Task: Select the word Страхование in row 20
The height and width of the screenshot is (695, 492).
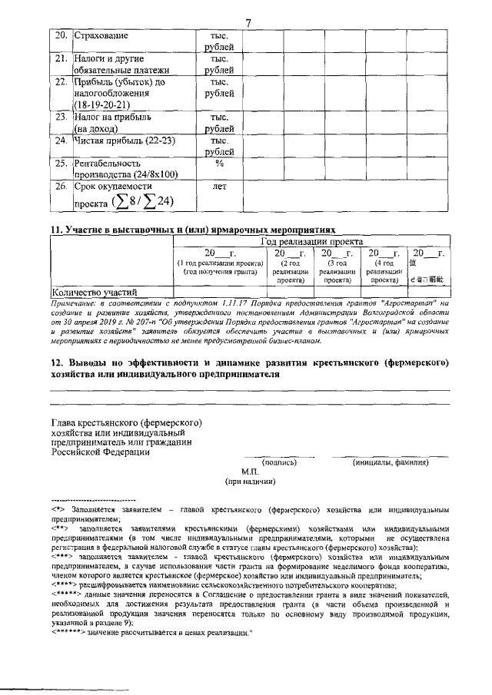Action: [x=101, y=36]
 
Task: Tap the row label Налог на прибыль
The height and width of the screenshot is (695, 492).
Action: [x=112, y=117]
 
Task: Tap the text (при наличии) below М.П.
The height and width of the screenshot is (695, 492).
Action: [x=250, y=482]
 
